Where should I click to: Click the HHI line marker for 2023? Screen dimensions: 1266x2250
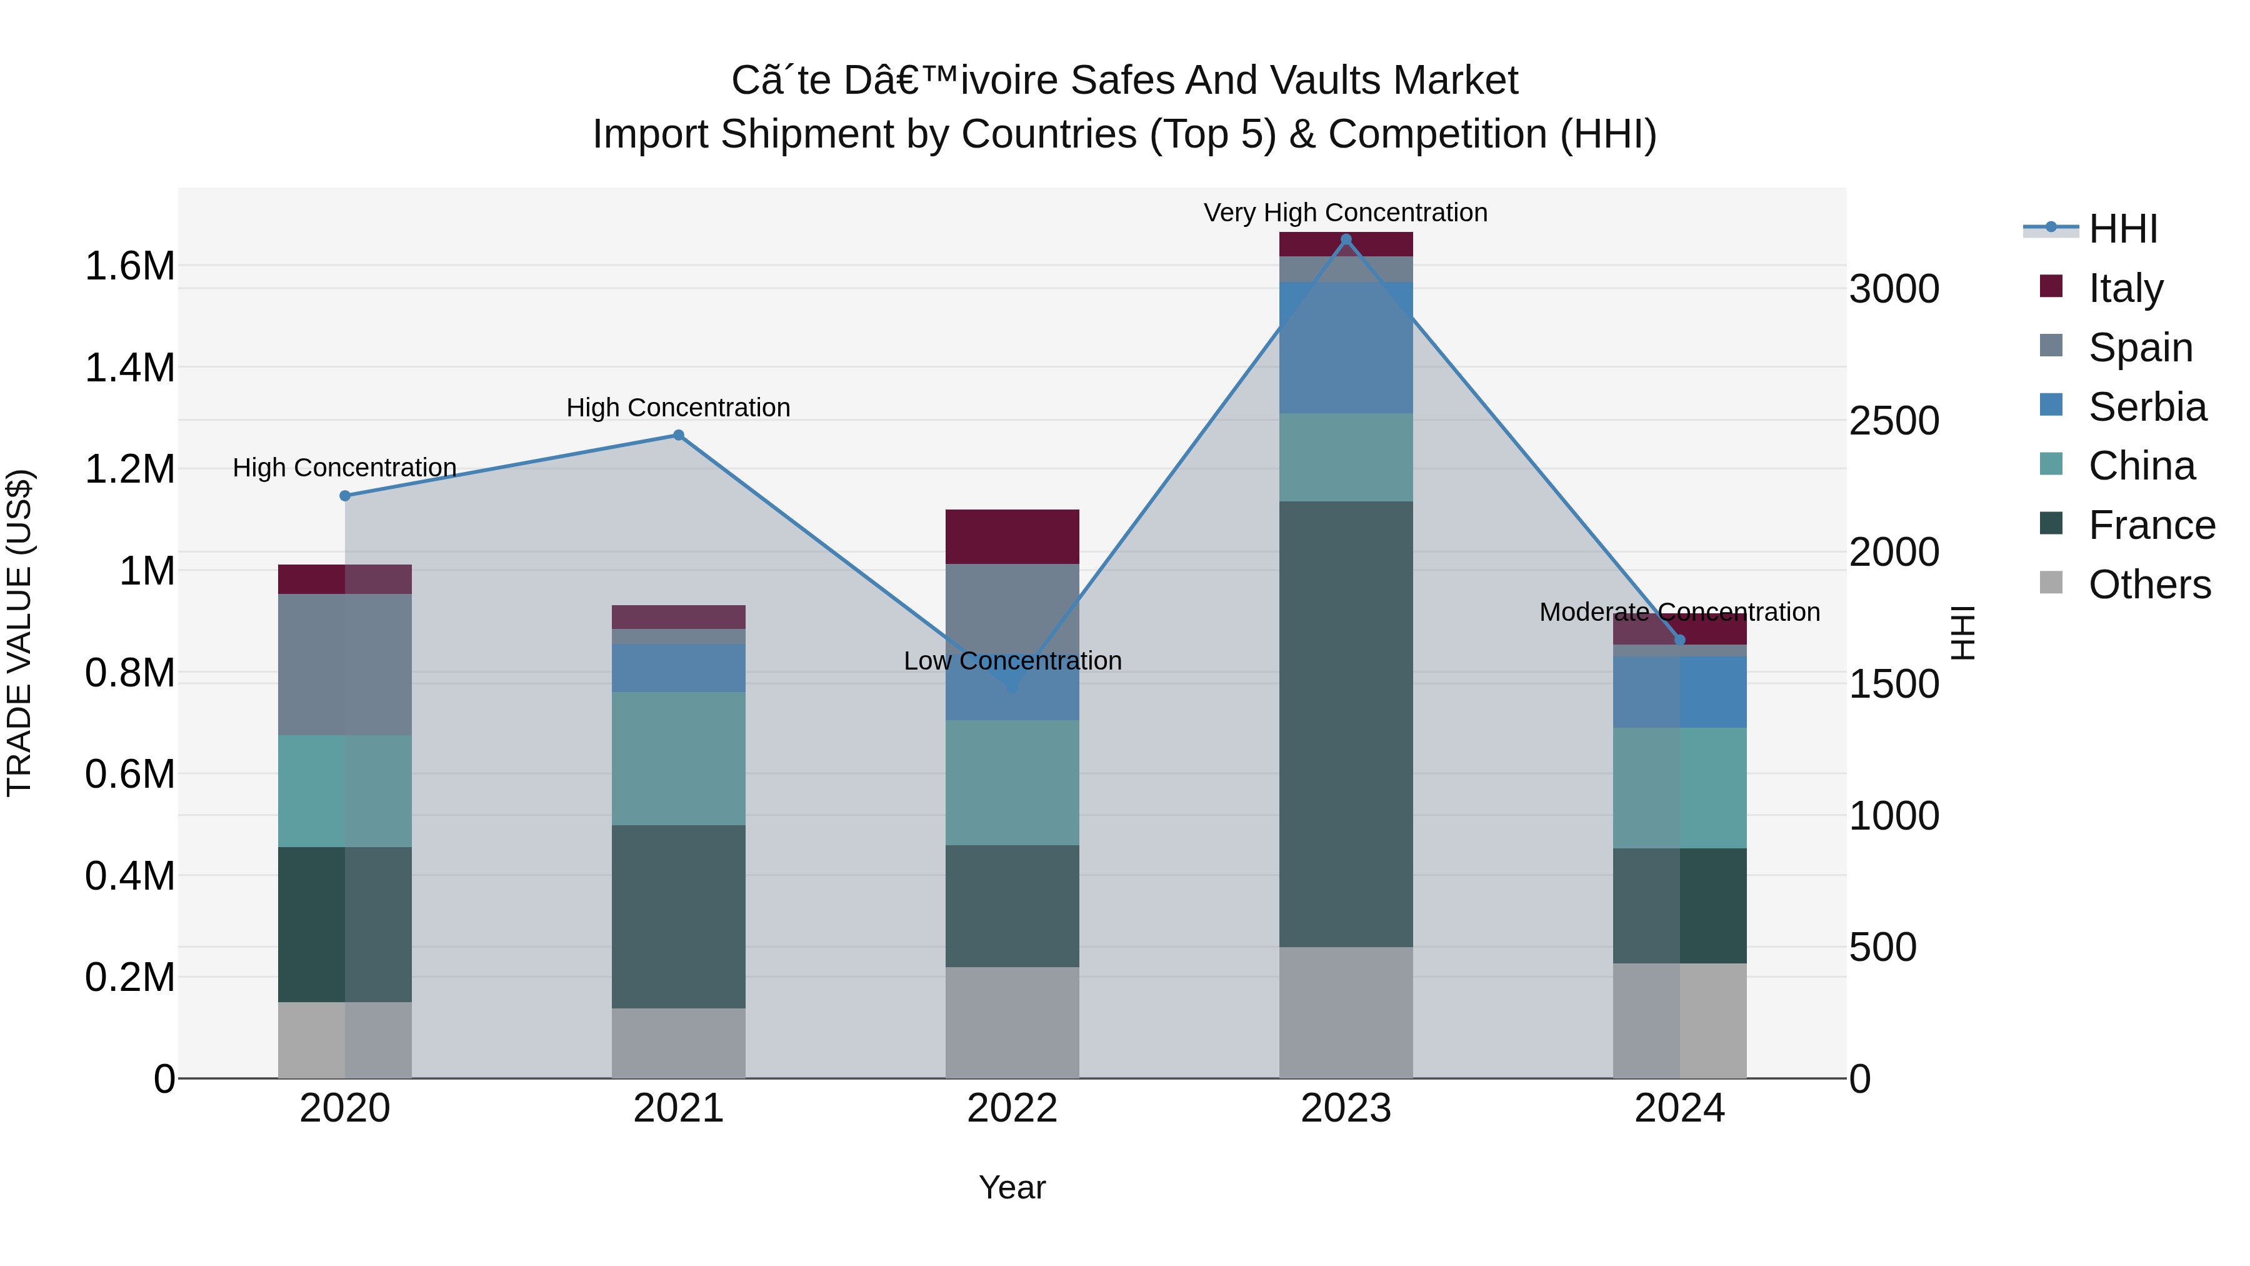(1345, 239)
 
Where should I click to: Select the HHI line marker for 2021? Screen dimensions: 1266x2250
(677, 435)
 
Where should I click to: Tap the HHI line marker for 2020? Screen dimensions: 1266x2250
(344, 495)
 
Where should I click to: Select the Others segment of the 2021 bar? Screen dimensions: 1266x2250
(677, 1043)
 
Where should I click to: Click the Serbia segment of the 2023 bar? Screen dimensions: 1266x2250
(1345, 348)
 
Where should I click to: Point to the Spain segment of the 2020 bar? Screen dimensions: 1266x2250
(344, 664)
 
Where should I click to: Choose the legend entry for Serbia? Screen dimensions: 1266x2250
(2146, 407)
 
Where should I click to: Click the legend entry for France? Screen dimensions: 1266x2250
(2151, 525)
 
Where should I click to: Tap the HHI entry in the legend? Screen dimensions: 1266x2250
(2122, 229)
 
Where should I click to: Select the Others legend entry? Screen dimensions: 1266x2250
(2149, 585)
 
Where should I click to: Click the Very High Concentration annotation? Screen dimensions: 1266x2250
(1345, 213)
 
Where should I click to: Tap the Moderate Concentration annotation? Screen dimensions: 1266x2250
(1679, 611)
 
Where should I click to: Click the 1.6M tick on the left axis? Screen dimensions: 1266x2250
(129, 266)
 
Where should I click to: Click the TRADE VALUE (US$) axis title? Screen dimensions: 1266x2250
(19, 633)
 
